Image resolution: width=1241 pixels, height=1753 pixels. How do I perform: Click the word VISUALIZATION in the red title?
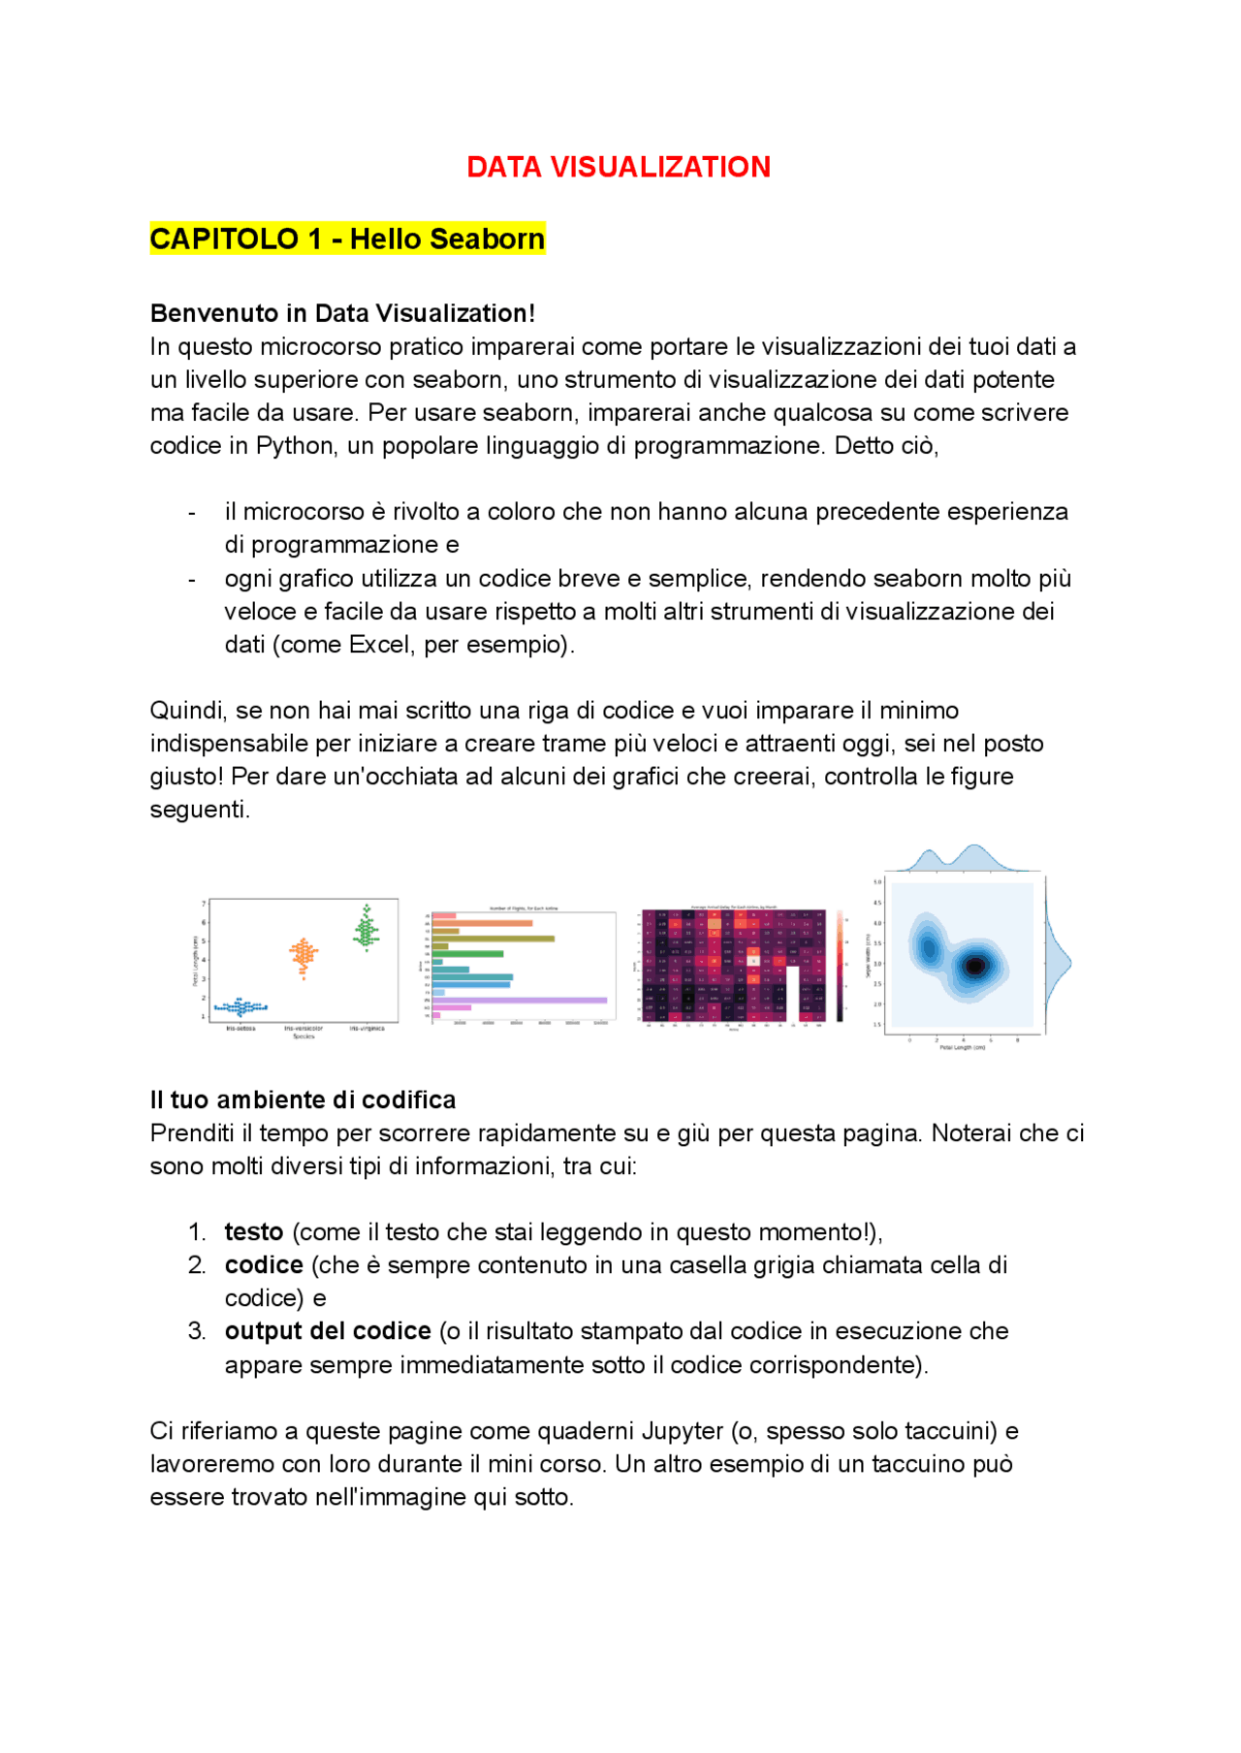tap(660, 167)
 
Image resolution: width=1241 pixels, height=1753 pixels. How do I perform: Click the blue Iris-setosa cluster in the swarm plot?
tap(240, 1007)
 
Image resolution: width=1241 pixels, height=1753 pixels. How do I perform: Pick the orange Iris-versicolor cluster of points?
tap(303, 956)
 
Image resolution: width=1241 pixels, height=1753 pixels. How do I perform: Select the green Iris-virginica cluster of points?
tap(366, 929)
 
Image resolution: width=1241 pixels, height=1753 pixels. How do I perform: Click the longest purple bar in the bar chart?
tap(520, 1000)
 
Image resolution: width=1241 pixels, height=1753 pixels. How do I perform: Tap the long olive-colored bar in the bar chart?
tap(493, 939)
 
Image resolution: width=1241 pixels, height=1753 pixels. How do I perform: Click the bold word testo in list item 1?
tap(254, 1232)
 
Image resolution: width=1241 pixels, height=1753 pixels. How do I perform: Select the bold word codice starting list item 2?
tap(264, 1265)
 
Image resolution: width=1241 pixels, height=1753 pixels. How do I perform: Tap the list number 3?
tap(196, 1331)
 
